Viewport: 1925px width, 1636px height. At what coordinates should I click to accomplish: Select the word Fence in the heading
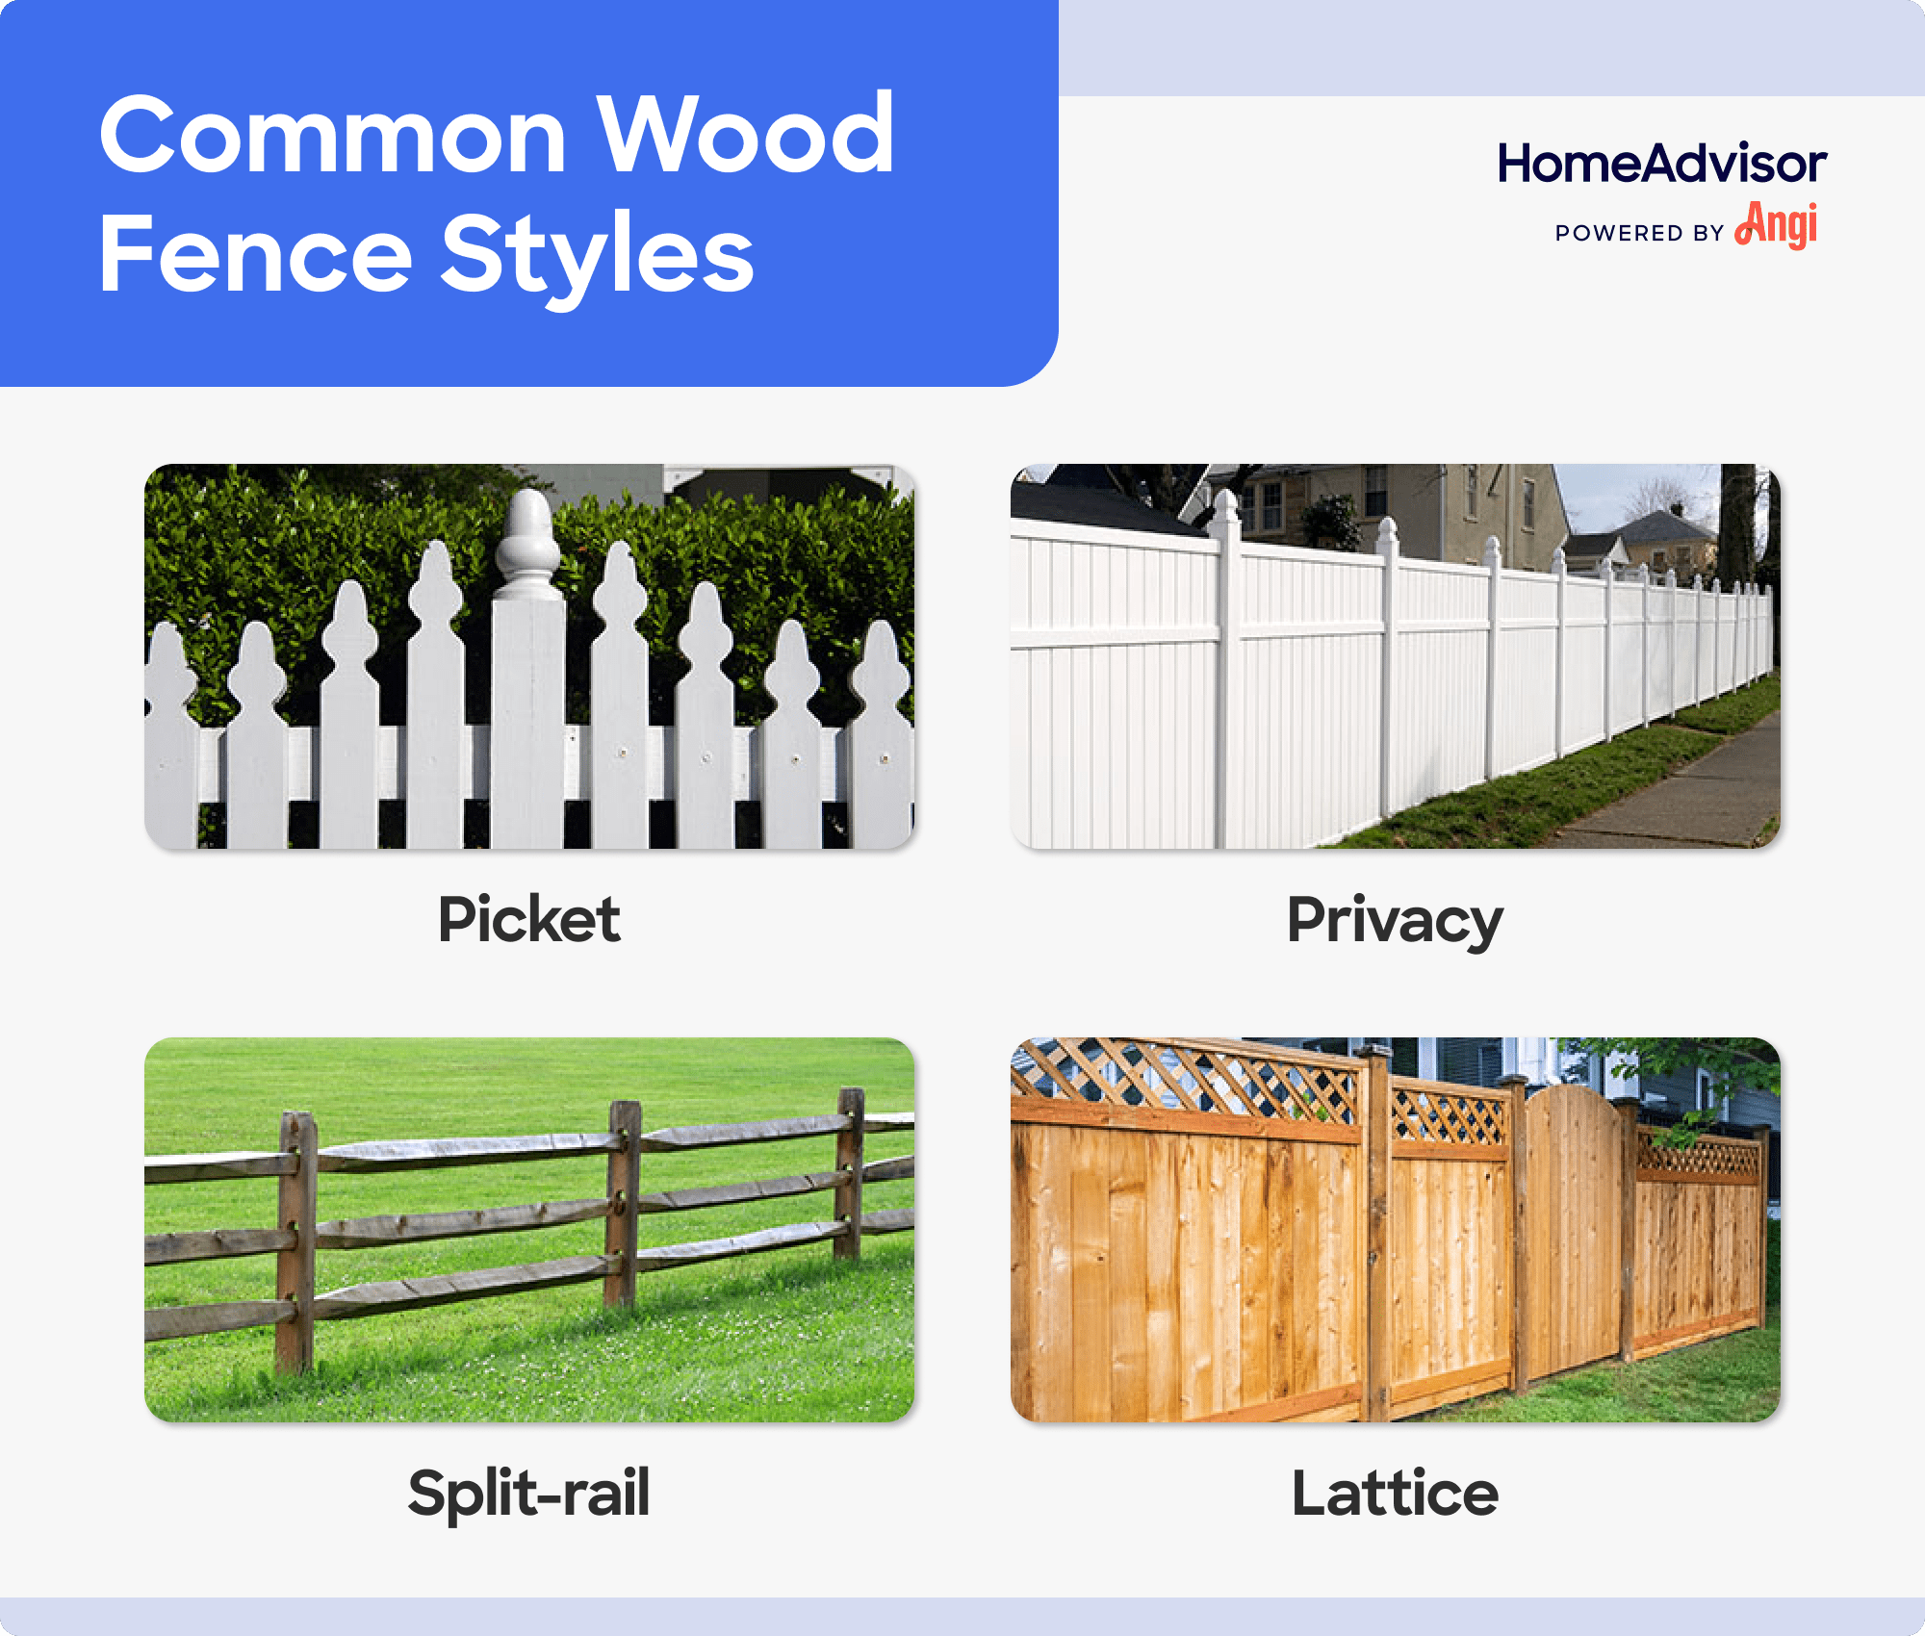tap(255, 255)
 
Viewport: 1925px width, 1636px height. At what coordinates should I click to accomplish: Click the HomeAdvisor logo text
tap(1661, 164)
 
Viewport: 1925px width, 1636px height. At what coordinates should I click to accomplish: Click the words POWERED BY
tap(1639, 234)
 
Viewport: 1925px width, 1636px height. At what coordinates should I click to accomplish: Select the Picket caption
tap(528, 919)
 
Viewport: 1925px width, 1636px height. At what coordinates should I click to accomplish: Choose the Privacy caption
tap(1395, 921)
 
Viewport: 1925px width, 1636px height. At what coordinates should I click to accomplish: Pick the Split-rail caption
tap(528, 1493)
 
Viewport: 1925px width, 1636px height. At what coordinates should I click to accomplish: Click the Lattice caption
tap(1395, 1493)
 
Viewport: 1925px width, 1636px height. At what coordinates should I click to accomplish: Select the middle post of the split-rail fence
tap(624, 1203)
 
